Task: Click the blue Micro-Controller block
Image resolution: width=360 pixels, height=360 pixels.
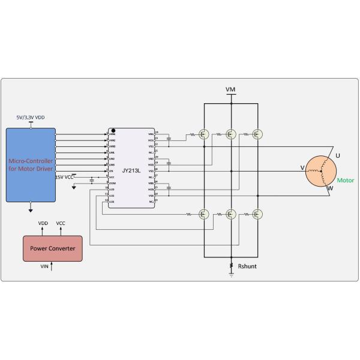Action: coord(31,164)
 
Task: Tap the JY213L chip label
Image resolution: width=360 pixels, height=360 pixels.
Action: coord(131,170)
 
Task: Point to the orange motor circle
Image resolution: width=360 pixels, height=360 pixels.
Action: coord(322,172)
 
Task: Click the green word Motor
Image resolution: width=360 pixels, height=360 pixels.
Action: coord(345,180)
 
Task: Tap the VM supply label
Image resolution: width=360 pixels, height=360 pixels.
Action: coord(230,89)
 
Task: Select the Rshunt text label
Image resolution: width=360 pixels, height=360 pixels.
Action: coord(247,266)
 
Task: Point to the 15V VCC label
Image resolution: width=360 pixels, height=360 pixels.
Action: coord(65,177)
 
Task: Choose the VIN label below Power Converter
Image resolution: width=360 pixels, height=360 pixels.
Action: coord(44,265)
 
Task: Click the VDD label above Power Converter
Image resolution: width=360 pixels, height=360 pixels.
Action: coord(43,223)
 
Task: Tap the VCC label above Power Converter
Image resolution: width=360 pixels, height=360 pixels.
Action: coord(61,223)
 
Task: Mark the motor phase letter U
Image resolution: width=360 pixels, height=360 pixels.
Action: coord(338,155)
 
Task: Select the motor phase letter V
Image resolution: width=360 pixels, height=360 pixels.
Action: coord(302,168)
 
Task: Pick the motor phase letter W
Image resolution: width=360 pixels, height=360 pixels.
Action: coord(329,188)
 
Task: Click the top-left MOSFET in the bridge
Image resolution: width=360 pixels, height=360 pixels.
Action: coord(204,135)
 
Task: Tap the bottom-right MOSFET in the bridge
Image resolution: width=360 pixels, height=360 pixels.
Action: coord(258,213)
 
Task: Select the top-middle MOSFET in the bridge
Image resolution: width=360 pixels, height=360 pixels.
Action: coord(231,135)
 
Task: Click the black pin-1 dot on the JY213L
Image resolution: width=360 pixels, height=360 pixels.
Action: coord(112,130)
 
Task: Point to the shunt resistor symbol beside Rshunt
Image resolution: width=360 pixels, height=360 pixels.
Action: coord(231,266)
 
